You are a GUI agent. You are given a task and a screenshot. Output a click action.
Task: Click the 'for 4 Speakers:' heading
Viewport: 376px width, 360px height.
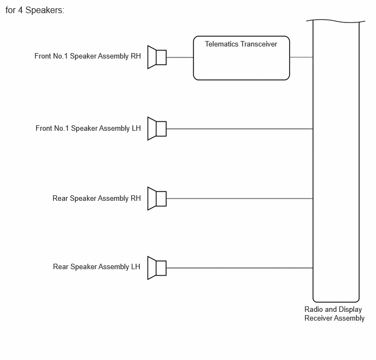(x=35, y=10)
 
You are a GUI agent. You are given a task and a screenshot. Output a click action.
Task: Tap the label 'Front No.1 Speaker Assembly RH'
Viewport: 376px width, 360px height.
(x=87, y=56)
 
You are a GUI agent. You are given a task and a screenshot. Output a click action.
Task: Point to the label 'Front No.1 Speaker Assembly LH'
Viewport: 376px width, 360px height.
(x=88, y=129)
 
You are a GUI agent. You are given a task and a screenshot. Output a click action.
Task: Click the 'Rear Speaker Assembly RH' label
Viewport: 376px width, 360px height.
(x=96, y=199)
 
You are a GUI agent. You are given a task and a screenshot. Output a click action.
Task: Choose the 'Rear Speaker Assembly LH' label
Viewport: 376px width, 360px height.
(x=96, y=267)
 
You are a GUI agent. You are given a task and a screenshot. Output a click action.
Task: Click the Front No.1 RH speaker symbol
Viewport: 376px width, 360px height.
(x=157, y=57)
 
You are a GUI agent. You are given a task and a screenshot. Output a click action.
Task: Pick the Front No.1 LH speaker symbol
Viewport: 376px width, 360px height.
(x=157, y=129)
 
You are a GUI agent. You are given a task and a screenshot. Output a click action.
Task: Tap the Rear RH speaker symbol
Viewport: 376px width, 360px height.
(x=157, y=199)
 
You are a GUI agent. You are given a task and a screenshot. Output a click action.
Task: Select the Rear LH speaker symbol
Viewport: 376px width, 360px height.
(x=157, y=268)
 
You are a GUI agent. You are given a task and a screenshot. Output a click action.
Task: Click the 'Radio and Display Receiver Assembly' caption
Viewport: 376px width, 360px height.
(x=334, y=313)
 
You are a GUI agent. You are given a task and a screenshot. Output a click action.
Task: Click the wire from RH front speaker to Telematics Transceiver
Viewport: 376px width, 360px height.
(x=180, y=57)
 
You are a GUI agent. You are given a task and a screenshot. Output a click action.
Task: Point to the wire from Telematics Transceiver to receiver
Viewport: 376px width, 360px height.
(x=301, y=57)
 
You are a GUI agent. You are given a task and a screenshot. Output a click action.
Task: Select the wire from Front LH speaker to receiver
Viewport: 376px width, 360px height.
(x=239, y=129)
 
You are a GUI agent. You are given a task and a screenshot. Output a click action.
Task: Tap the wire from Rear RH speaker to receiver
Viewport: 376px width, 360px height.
(x=239, y=199)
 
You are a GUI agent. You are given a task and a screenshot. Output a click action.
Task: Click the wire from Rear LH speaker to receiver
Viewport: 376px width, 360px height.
(x=239, y=268)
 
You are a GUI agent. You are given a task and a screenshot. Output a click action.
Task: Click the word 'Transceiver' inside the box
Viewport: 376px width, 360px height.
(x=258, y=44)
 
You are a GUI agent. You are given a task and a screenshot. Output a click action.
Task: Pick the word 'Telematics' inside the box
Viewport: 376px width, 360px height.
(x=221, y=44)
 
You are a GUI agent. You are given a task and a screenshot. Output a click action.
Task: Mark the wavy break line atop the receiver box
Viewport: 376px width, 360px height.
(x=336, y=21)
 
